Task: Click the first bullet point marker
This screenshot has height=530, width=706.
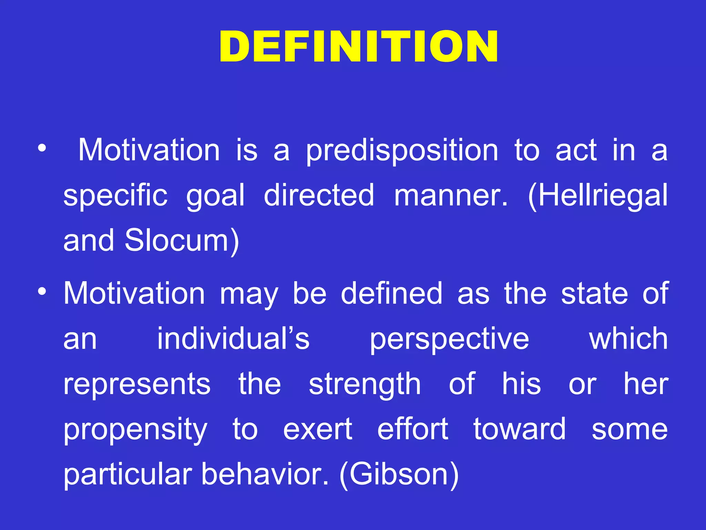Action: (x=42, y=149)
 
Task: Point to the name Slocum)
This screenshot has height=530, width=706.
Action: (x=182, y=241)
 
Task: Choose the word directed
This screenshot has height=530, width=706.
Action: (x=319, y=195)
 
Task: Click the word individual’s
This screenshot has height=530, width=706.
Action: (x=233, y=339)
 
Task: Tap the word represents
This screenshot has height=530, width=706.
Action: (x=137, y=385)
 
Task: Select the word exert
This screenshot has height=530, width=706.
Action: (x=317, y=430)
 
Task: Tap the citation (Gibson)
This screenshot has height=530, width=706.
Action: (x=399, y=475)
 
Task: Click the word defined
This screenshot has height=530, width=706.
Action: (x=392, y=293)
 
